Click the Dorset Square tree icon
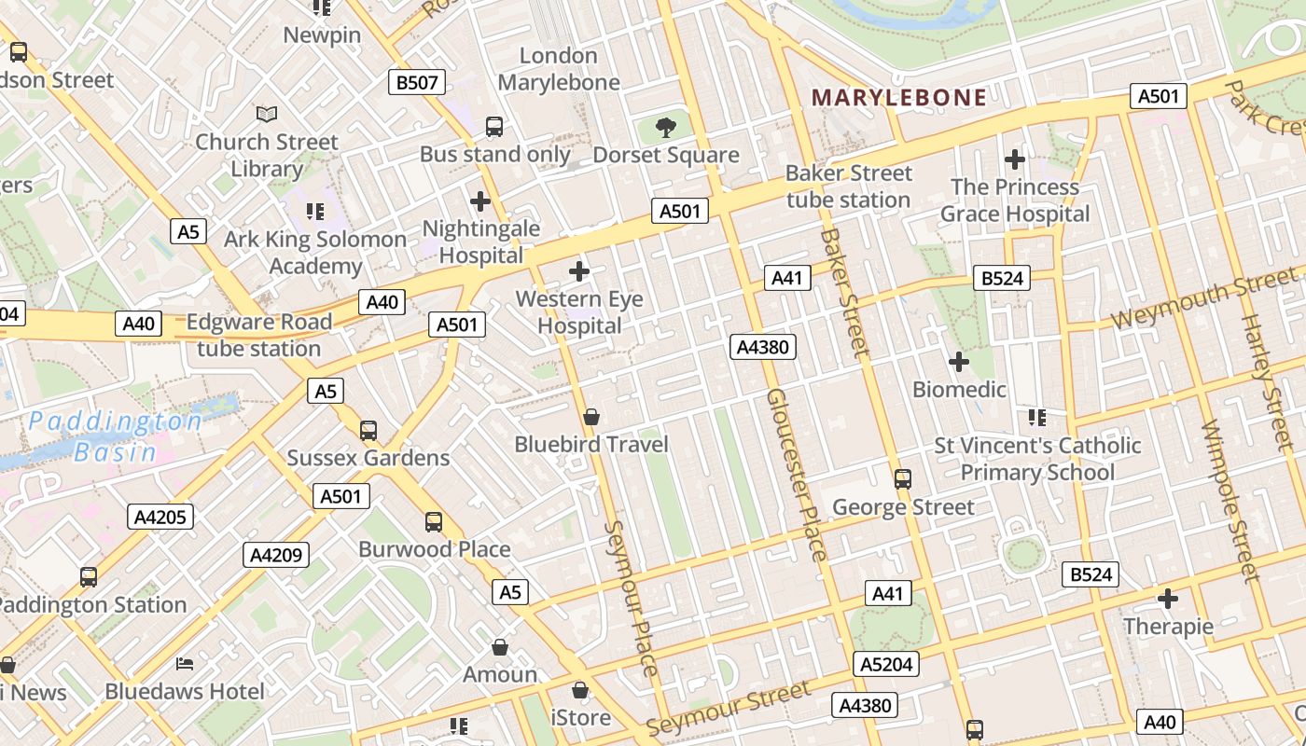(666, 128)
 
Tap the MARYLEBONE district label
(898, 98)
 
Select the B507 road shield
(417, 82)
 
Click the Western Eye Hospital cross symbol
(579, 271)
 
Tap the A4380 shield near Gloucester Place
(763, 348)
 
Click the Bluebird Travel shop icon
(590, 416)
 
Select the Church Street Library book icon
(267, 114)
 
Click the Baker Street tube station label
(848, 186)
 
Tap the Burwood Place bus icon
(434, 522)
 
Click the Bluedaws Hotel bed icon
(185, 664)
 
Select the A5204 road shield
(885, 664)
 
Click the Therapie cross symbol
(1168, 598)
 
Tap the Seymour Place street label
(632, 597)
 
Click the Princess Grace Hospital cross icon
(1015, 159)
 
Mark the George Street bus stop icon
(903, 479)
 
